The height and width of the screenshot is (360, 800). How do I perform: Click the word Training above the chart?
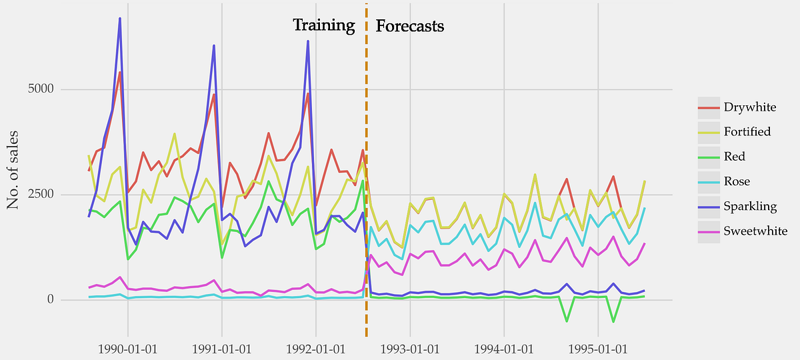tap(324, 25)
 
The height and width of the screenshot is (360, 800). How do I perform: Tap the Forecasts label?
tap(410, 27)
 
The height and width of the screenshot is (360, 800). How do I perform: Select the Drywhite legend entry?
tap(750, 107)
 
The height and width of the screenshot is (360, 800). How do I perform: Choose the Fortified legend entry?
tap(747, 131)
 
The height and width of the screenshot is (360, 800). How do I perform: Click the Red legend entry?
tap(734, 157)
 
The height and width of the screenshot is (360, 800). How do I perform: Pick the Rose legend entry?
tap(735, 181)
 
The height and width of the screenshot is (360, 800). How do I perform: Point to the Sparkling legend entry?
tap(749, 206)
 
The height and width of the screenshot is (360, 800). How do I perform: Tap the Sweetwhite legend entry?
tap(755, 231)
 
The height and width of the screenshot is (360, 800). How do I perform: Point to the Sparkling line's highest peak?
tap(119, 19)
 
